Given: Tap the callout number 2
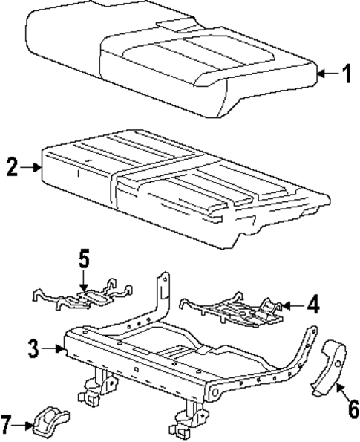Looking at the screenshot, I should point(10,167).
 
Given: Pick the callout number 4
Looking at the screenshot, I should point(314,305).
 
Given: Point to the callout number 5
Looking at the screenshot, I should point(83,259).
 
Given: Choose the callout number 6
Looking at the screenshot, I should point(344,408).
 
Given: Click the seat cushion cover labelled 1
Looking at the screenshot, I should point(171,63).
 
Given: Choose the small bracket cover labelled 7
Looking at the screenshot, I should point(50,420).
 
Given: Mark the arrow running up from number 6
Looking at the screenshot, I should point(336,389).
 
